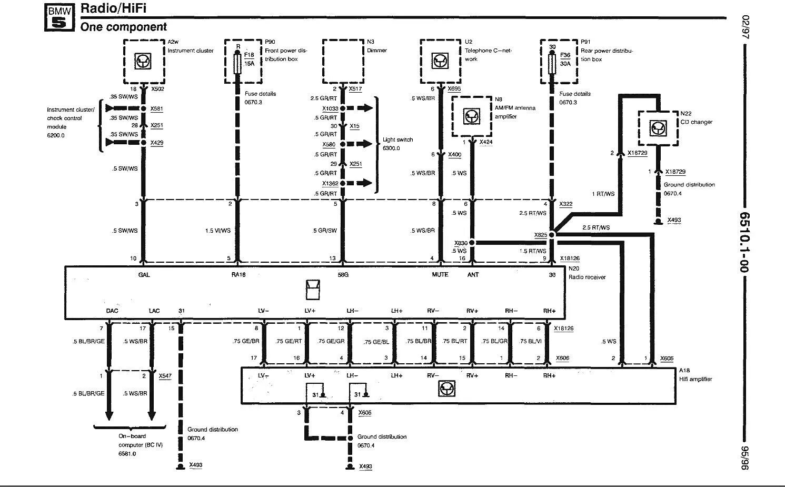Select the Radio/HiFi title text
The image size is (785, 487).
click(113, 8)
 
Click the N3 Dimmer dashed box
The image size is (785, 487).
click(343, 61)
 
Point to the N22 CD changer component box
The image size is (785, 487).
click(657, 128)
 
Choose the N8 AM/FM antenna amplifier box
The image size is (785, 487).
click(471, 116)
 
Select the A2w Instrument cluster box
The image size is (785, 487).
click(144, 61)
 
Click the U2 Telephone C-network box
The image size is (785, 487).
click(440, 61)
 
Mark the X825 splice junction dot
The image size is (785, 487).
click(552, 235)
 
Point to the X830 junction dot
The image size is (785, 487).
click(472, 243)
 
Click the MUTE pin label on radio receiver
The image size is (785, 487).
click(440, 275)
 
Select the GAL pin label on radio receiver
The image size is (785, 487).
click(144, 275)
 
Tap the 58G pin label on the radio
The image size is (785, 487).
click(342, 275)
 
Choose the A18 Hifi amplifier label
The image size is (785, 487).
click(695, 375)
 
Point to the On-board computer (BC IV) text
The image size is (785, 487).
click(140, 444)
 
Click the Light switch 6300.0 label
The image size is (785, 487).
click(398, 144)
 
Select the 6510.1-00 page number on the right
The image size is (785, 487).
click(744, 243)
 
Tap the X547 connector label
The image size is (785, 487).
click(165, 376)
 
